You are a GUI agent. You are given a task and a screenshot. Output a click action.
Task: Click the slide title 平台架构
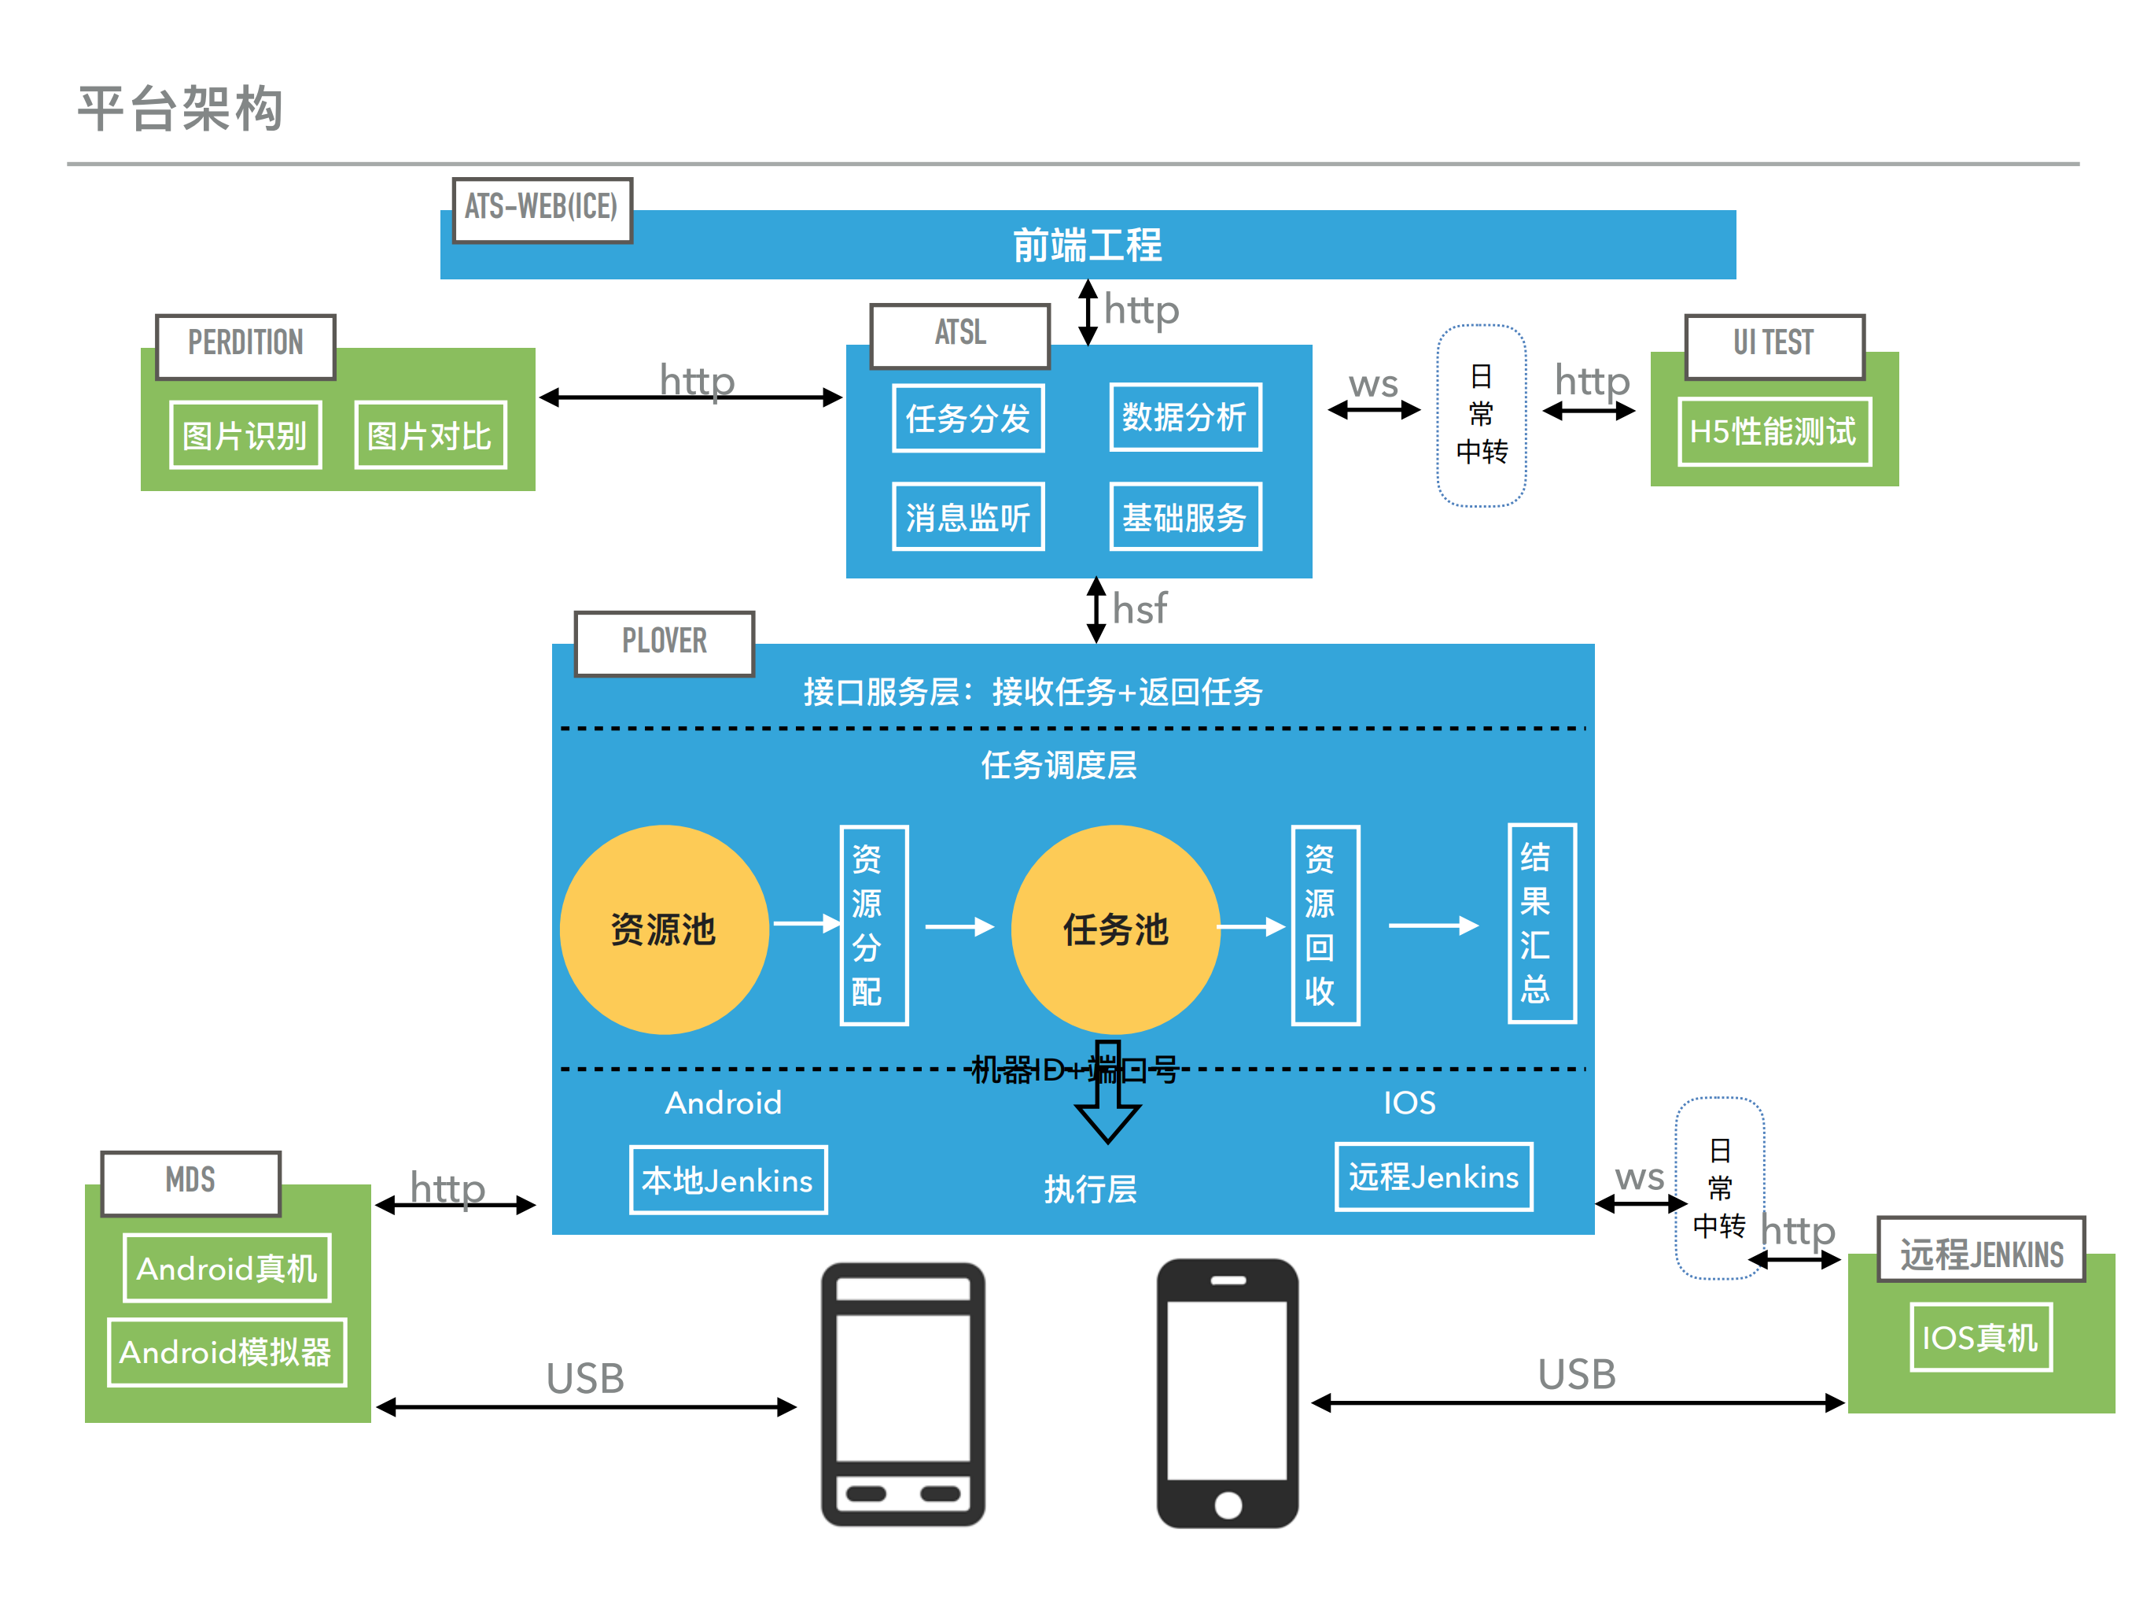click(x=181, y=108)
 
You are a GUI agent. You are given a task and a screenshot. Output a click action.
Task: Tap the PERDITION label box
click(x=245, y=345)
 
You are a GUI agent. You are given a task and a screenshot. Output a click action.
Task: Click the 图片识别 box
click(x=245, y=435)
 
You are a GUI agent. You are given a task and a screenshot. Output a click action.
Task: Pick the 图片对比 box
click(x=430, y=435)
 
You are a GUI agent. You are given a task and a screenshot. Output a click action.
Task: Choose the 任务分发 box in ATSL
click(x=967, y=419)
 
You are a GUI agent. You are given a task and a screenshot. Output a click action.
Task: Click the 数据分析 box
click(x=1184, y=418)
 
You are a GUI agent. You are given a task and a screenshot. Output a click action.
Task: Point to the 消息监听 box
click(x=967, y=516)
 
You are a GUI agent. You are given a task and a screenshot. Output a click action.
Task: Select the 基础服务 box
click(x=1184, y=516)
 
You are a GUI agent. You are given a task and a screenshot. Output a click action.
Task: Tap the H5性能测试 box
click(x=1773, y=431)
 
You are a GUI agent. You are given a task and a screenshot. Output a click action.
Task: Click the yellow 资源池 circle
click(x=664, y=929)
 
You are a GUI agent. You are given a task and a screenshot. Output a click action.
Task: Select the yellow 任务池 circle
click(x=1115, y=929)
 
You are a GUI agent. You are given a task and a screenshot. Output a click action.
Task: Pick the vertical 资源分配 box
click(x=873, y=925)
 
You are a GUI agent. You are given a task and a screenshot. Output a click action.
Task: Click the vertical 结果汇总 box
click(x=1541, y=922)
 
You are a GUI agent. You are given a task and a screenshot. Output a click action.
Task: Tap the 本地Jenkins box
click(x=728, y=1180)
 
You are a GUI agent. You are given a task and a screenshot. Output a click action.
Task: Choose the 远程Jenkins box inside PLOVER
click(x=1434, y=1177)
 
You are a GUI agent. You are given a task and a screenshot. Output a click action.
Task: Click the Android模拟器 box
click(x=226, y=1352)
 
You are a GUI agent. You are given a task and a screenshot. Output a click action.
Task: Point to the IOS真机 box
click(x=1980, y=1337)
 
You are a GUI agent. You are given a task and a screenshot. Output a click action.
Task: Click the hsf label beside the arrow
click(x=1140, y=609)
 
